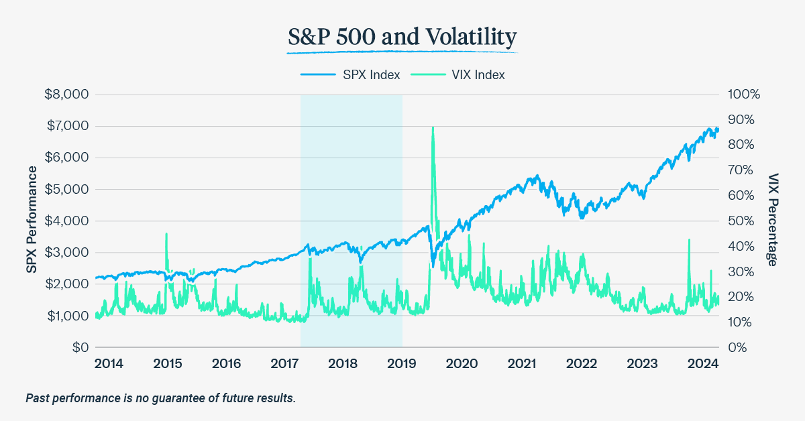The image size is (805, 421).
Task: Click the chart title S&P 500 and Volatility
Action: (x=402, y=38)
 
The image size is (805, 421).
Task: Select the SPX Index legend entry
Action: (x=350, y=75)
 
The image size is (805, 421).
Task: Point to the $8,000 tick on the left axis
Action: (x=66, y=95)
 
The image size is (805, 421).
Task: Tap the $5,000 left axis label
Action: (x=66, y=189)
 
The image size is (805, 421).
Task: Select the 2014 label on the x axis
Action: (x=109, y=364)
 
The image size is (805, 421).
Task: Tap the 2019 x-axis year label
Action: (x=402, y=364)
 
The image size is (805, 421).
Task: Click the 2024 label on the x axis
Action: (x=704, y=364)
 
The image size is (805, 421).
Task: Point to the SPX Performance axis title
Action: (x=31, y=221)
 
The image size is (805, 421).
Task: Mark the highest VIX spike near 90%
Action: (x=433, y=127)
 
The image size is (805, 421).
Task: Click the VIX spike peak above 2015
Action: (x=166, y=234)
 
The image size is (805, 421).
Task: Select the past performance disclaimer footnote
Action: (x=160, y=398)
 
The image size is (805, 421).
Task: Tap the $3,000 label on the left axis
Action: (x=66, y=252)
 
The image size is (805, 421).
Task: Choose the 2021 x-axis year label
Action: (x=522, y=364)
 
